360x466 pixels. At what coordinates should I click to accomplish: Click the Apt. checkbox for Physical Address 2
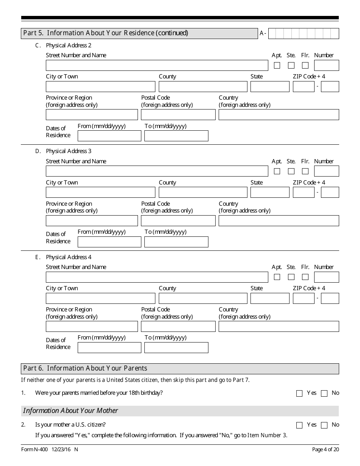pyautogui.click(x=277, y=66)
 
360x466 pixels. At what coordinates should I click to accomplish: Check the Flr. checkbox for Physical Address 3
pyautogui.click(x=305, y=171)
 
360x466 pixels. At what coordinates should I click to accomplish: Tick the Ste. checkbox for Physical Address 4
pyautogui.click(x=291, y=277)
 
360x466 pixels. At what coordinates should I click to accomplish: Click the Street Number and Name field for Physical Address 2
pyautogui.click(x=157, y=66)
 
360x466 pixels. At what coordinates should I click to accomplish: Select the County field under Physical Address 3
pyautogui.click(x=203, y=192)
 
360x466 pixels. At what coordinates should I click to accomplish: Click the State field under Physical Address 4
pyautogui.click(x=269, y=298)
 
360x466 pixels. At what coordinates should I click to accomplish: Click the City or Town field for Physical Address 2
pyautogui.click(x=100, y=87)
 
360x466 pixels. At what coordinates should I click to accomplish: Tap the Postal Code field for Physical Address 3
pyautogui.click(x=178, y=220)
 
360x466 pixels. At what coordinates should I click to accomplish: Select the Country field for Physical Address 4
pyautogui.click(x=279, y=326)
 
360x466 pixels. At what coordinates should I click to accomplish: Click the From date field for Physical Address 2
pyautogui.click(x=109, y=136)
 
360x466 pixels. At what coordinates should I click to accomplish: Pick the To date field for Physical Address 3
pyautogui.click(x=176, y=242)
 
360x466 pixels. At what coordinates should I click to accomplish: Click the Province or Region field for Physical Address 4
pyautogui.click(x=92, y=326)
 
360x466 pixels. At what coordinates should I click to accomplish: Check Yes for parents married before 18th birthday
pyautogui.click(x=299, y=394)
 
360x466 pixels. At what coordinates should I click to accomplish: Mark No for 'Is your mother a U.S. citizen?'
pyautogui.click(x=324, y=425)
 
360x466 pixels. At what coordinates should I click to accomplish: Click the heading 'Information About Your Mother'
pyautogui.click(x=70, y=411)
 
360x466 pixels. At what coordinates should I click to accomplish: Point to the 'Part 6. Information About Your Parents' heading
pyautogui.click(x=85, y=368)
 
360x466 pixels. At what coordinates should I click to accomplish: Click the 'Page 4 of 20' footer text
pyautogui.click(x=325, y=450)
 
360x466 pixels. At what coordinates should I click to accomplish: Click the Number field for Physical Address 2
pyautogui.click(x=326, y=66)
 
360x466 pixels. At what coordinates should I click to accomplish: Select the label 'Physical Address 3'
pyautogui.click(x=69, y=151)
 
